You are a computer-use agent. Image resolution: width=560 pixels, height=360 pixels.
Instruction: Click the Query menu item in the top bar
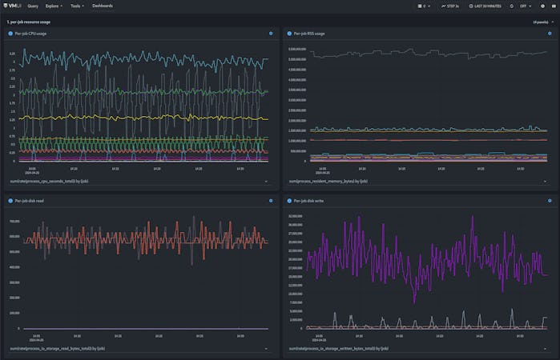point(33,6)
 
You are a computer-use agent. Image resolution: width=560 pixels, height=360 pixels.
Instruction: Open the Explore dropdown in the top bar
point(54,6)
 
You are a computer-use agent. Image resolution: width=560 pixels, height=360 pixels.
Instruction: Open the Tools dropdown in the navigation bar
point(77,6)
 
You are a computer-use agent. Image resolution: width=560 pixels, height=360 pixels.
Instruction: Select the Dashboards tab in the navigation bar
point(103,6)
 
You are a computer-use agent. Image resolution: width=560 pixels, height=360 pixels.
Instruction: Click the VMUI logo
point(12,6)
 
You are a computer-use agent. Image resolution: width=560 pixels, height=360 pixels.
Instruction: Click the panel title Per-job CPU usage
point(31,34)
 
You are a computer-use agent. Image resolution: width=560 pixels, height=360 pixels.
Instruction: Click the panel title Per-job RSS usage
point(309,34)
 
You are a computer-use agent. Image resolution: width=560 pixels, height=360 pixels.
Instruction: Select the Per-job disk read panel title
point(29,200)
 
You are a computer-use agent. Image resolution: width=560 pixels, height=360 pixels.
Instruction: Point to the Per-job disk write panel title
point(309,200)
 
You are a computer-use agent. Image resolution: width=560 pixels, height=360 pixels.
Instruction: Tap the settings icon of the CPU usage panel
point(270,34)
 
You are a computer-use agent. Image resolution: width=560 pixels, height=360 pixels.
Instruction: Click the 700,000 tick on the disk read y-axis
point(14,220)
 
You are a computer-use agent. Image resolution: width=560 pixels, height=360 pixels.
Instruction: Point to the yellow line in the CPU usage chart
point(160,118)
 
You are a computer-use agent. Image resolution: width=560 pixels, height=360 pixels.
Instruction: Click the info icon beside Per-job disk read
point(10,200)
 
